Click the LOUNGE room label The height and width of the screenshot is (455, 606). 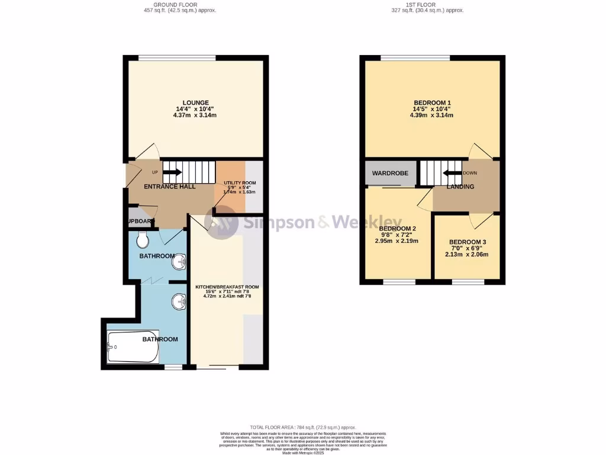click(x=195, y=102)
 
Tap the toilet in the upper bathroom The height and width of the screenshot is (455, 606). click(x=142, y=240)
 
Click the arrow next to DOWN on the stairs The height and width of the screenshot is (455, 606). click(x=452, y=173)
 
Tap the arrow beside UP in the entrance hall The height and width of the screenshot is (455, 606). click(x=172, y=172)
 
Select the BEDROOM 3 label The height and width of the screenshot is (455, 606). click(x=468, y=242)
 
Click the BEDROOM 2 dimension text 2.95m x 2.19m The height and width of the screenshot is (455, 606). click(x=397, y=241)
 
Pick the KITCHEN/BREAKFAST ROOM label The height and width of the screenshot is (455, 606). click(x=227, y=287)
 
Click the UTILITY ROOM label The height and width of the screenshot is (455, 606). click(x=239, y=183)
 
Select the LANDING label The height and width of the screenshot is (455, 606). click(x=460, y=187)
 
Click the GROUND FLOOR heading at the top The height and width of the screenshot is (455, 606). click(x=180, y=5)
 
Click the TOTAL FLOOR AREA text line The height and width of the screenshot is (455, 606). click(x=302, y=427)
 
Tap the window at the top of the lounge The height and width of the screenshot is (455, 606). click(x=177, y=57)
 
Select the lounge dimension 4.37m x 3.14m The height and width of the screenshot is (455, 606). click(x=195, y=115)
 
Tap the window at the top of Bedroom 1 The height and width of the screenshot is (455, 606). click(x=415, y=57)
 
